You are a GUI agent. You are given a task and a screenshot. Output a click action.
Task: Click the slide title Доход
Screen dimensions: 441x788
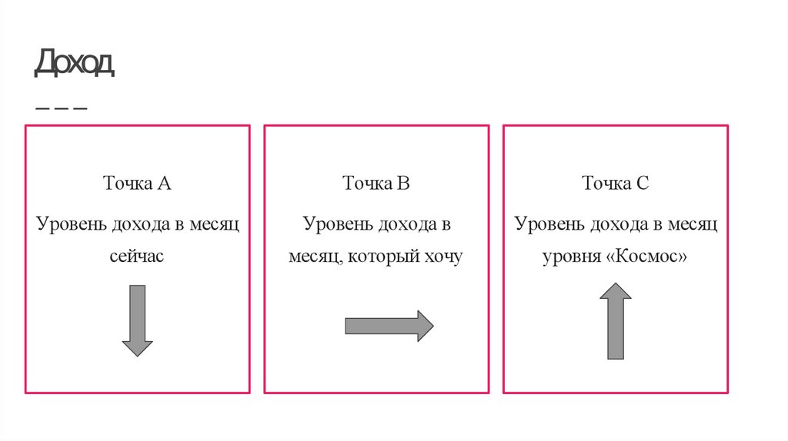pyautogui.click(x=74, y=63)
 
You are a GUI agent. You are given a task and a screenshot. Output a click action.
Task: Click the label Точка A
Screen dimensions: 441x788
pyautogui.click(x=137, y=184)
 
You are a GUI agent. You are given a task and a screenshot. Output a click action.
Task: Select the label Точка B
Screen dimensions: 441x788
pyautogui.click(x=376, y=184)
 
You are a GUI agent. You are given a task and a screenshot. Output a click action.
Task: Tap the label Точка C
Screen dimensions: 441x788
pyautogui.click(x=616, y=184)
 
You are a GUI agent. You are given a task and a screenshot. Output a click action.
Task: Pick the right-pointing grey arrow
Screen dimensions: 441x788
pyautogui.click(x=389, y=326)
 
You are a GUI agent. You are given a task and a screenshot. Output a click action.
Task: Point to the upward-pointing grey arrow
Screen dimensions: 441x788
pyautogui.click(x=616, y=320)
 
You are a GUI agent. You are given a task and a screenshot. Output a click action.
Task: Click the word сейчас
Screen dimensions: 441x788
pyautogui.click(x=137, y=257)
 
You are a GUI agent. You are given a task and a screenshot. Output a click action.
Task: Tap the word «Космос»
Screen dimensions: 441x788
pyautogui.click(x=647, y=257)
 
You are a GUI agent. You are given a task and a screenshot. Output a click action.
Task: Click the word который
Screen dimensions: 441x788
pyautogui.click(x=381, y=257)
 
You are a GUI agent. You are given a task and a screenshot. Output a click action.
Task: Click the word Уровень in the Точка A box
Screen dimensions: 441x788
pyautogui.click(x=72, y=224)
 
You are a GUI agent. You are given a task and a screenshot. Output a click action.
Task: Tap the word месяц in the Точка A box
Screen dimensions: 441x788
pyautogui.click(x=215, y=224)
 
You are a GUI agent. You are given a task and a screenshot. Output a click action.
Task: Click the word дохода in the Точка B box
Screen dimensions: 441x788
pyautogui.click(x=406, y=224)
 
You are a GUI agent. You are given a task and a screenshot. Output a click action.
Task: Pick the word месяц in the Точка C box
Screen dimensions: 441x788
pyautogui.click(x=693, y=224)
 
